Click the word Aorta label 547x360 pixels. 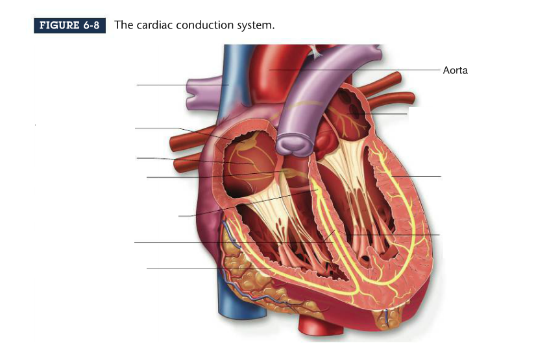[x=455, y=71]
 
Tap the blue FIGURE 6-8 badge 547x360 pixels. [x=69, y=26]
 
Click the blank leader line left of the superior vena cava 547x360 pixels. [x=169, y=85]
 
